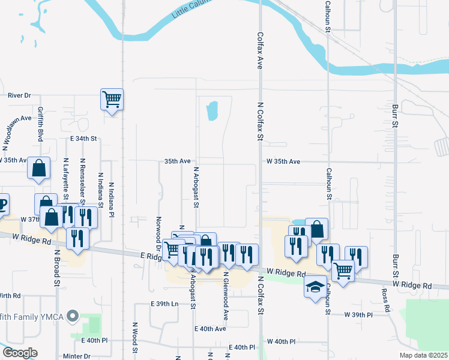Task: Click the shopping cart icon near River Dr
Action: (112, 99)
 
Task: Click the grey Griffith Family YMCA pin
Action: (73, 315)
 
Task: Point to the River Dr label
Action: (19, 95)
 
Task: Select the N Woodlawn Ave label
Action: (16, 132)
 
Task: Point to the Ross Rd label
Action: (385, 301)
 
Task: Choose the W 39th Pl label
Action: (359, 314)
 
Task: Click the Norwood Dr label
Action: (158, 234)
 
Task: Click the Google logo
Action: (20, 353)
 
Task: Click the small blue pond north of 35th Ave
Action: (211, 110)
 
